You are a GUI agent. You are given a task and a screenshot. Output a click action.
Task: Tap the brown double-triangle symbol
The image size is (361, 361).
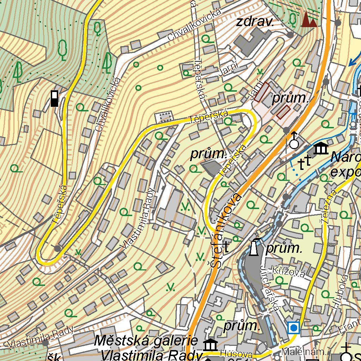(x=309, y=20)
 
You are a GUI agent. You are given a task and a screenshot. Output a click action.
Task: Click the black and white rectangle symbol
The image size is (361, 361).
(x=54, y=98)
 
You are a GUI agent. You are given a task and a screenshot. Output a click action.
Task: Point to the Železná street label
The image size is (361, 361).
(x=328, y=206)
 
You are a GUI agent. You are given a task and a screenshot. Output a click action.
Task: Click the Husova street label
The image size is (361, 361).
(x=231, y=354)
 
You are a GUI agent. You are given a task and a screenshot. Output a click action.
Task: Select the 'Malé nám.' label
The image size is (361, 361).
(x=305, y=352)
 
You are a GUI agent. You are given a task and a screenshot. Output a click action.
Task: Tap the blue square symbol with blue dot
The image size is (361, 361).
(x=293, y=328)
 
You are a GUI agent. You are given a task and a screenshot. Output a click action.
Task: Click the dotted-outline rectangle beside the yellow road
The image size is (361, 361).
(x=165, y=117)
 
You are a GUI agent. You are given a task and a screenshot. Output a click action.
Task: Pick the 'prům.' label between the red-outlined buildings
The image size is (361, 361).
(x=290, y=99)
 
